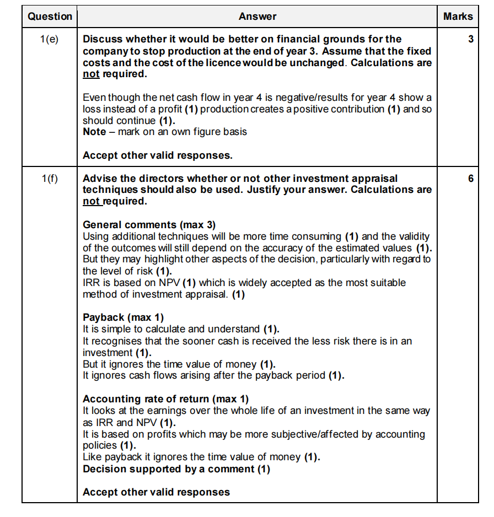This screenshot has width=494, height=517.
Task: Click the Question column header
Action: pos(50,17)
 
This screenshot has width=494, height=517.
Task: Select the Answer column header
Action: pos(257,17)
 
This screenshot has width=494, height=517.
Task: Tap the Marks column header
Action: pos(458,17)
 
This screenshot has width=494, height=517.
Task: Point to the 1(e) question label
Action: pos(50,40)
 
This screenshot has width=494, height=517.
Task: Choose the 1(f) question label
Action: pos(50,179)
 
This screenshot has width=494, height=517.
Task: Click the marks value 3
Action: pos(471,40)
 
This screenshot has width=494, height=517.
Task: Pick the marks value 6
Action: pos(471,179)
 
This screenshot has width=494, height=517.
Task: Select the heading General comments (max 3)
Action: pos(149,225)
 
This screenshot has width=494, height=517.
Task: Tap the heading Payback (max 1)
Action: pos(123,317)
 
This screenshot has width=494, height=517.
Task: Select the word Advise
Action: pos(98,179)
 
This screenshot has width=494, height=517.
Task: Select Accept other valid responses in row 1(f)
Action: pos(156,492)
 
